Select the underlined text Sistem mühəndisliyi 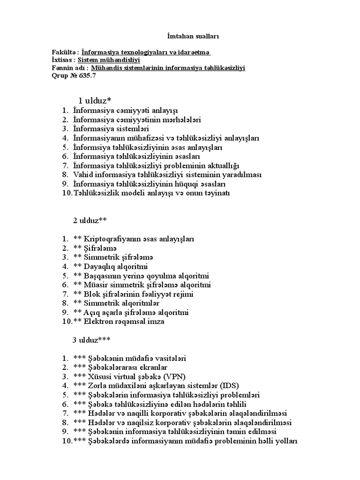pos(109,60)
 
